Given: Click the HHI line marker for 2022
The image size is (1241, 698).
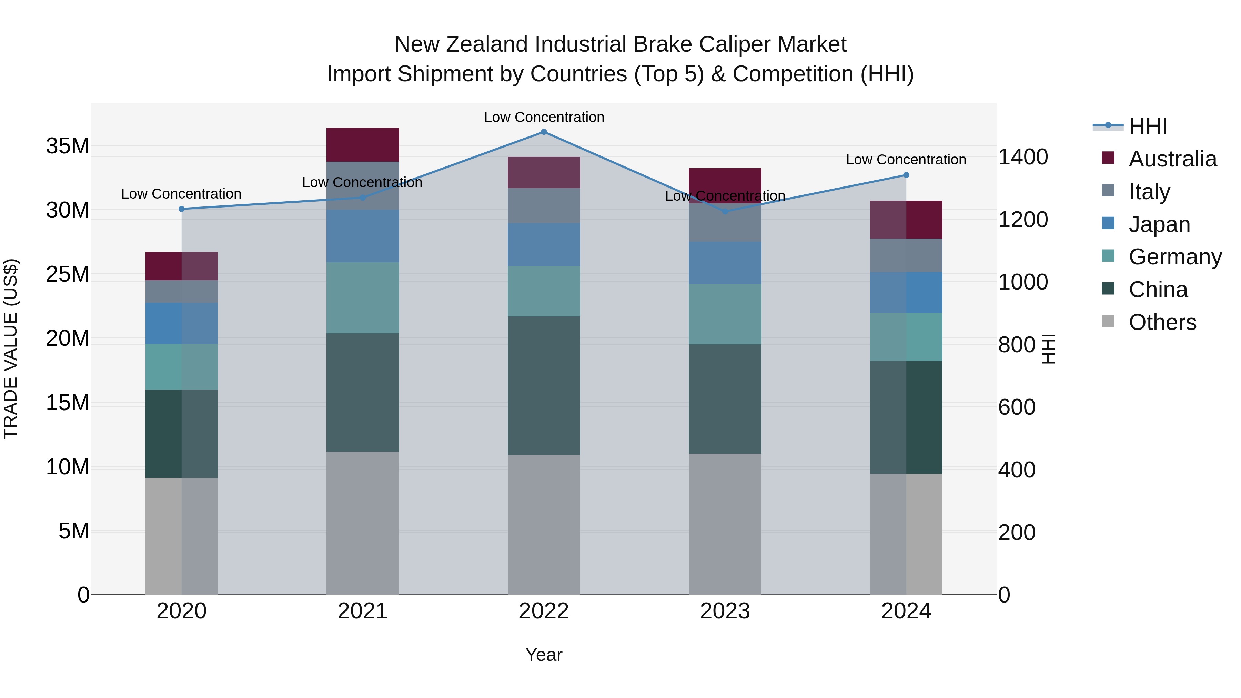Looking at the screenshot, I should point(544,132).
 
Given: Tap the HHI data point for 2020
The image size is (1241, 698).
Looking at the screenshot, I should point(182,209).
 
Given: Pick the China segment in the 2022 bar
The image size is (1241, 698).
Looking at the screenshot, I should point(544,385).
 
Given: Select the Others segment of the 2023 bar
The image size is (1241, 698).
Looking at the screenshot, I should point(725,524).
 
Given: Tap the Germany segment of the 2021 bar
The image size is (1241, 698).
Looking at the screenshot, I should point(363,298).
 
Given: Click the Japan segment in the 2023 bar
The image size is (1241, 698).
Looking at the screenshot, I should point(725,263).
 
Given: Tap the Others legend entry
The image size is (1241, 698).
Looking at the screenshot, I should point(1162,322).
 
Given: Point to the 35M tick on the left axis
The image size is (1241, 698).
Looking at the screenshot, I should point(68,145).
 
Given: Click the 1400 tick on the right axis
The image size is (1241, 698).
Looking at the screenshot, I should point(1023,157).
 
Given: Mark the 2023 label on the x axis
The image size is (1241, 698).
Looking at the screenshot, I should point(725,611).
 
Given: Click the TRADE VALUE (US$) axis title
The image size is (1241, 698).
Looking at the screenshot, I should point(11,349).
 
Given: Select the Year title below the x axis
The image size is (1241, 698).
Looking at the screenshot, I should point(544,655).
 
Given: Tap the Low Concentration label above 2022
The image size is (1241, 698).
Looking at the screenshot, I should point(544,117).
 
